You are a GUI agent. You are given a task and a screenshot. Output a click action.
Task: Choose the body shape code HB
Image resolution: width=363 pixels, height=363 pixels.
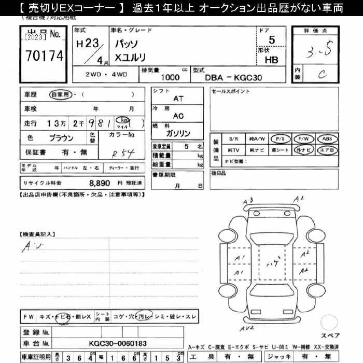click(x=271, y=60)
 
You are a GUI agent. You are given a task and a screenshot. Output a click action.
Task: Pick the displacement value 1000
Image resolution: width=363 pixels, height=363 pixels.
click(x=171, y=77)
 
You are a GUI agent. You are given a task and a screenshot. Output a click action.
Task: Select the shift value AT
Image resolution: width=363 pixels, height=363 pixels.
click(x=178, y=99)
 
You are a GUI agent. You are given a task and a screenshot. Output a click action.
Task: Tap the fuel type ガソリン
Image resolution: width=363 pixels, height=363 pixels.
click(x=178, y=133)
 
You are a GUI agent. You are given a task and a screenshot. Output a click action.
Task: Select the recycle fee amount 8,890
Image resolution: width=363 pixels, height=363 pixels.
click(x=100, y=183)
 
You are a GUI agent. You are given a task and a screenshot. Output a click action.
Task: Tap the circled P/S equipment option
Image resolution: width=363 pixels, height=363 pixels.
click(x=281, y=139)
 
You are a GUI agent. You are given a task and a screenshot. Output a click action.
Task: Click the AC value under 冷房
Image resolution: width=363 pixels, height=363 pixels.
click(x=178, y=116)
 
